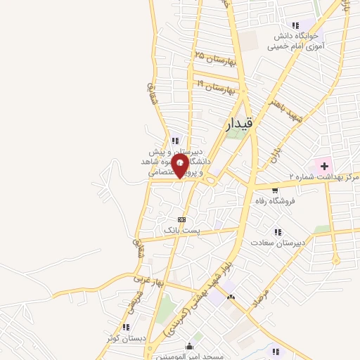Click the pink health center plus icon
(324, 166)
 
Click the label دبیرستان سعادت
(279, 243)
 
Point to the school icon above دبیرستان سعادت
(279, 231)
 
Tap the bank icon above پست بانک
(182, 219)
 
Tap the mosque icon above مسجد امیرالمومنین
(189, 347)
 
